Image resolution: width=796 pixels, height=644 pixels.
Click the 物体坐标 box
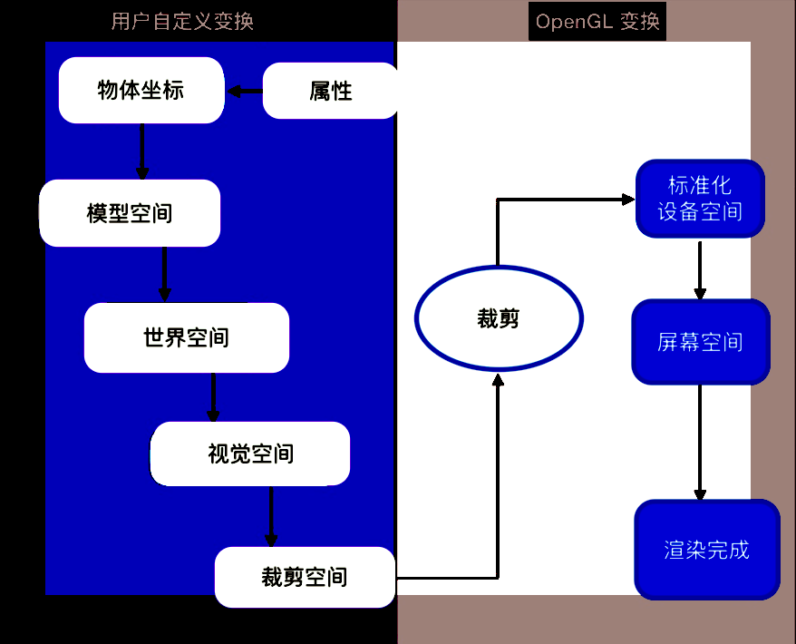click(141, 90)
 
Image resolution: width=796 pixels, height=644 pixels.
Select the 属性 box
click(330, 91)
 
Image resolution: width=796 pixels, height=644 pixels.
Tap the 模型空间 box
click(130, 213)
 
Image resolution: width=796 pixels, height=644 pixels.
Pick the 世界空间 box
click(186, 337)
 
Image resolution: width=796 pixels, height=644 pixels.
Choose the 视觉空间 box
click(250, 454)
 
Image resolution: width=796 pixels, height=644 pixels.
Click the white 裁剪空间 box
click(305, 577)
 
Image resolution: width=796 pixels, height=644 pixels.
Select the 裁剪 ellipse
click(499, 318)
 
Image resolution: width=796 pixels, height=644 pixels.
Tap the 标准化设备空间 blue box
click(700, 199)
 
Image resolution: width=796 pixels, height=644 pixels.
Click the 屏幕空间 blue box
click(700, 342)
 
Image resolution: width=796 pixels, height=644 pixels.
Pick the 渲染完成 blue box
click(706, 550)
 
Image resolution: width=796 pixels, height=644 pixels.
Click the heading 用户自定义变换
click(182, 21)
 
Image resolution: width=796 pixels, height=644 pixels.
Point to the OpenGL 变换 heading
click(597, 21)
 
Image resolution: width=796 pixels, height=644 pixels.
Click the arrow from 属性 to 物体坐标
click(245, 91)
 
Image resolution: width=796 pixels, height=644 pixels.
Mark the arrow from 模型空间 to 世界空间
click(164, 274)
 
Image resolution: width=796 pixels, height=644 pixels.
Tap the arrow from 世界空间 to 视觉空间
click(214, 396)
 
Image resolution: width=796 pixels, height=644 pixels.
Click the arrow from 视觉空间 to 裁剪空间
click(272, 516)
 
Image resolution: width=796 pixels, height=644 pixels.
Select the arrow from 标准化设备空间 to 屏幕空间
click(700, 269)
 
